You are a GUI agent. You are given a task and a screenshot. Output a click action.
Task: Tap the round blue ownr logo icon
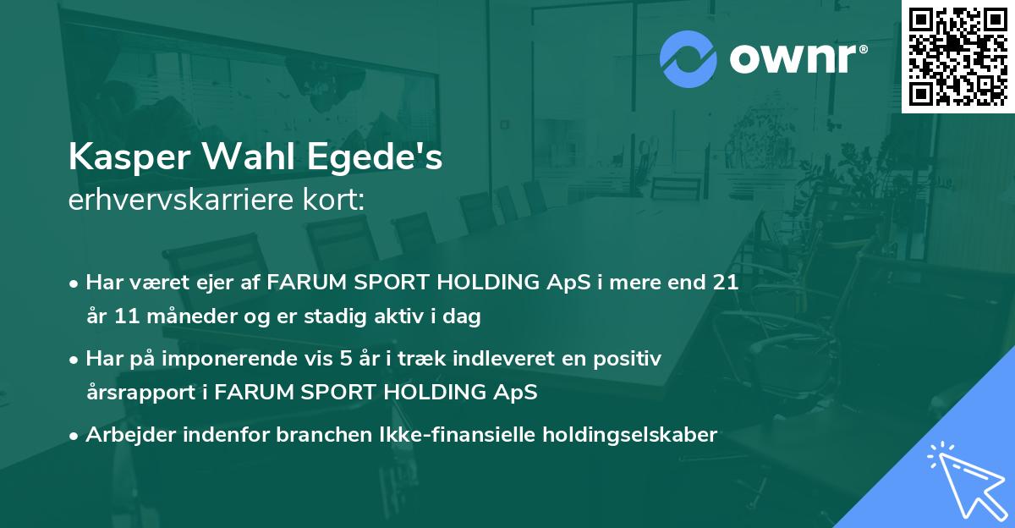687,59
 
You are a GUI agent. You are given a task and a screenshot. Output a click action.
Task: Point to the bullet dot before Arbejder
74,436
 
